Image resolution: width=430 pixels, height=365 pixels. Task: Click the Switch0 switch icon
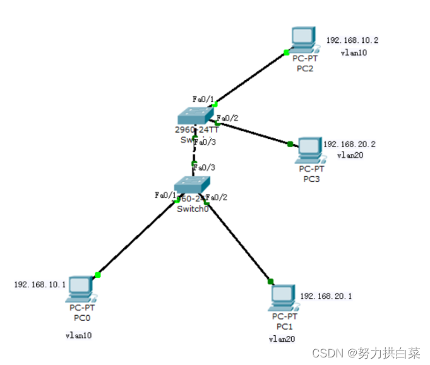coord(191,186)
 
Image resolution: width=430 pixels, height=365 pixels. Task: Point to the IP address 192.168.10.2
coord(353,40)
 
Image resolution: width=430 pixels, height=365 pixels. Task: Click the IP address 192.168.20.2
coord(350,145)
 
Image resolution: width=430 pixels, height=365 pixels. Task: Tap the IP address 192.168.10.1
coord(40,285)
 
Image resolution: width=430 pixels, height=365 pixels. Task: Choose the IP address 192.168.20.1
coord(326,296)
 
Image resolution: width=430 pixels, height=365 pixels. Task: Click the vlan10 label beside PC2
coord(354,53)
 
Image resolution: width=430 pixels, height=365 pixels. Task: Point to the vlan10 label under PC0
coord(79,335)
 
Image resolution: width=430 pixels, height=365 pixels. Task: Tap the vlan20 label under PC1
coord(282,339)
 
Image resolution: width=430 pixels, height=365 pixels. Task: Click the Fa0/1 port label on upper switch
coord(203,99)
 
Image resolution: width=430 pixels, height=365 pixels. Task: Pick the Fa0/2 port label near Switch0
coord(217,197)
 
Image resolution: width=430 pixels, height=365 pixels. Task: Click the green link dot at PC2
coord(287,52)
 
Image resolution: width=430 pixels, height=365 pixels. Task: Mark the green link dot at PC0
coord(98,275)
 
